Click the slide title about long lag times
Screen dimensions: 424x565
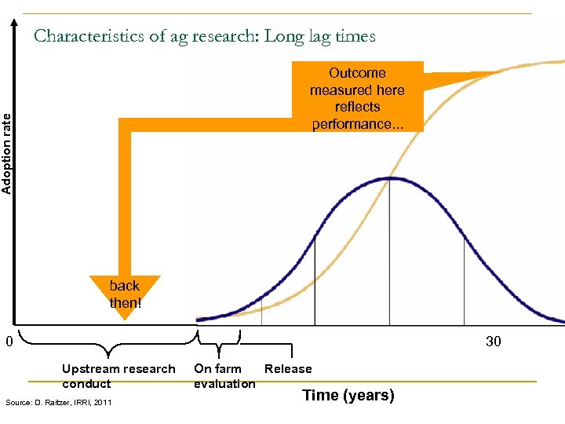(205, 36)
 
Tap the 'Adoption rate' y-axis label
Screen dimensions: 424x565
(7, 153)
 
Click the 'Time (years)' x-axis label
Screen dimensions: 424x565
(348, 396)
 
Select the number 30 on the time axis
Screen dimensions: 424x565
(493, 342)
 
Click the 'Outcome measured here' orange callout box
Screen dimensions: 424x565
(357, 97)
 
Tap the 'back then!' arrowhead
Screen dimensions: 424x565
(125, 294)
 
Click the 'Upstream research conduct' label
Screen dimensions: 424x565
(118, 376)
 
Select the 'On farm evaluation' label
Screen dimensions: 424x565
(224, 376)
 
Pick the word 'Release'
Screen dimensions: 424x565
(288, 369)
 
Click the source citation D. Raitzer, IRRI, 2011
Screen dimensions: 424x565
(58, 403)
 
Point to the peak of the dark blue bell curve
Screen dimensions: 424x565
(390, 179)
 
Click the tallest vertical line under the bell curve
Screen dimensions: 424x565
(390, 251)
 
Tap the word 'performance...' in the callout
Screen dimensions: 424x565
(357, 124)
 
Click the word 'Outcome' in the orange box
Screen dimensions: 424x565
(357, 73)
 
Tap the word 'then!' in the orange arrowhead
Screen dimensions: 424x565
(125, 302)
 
